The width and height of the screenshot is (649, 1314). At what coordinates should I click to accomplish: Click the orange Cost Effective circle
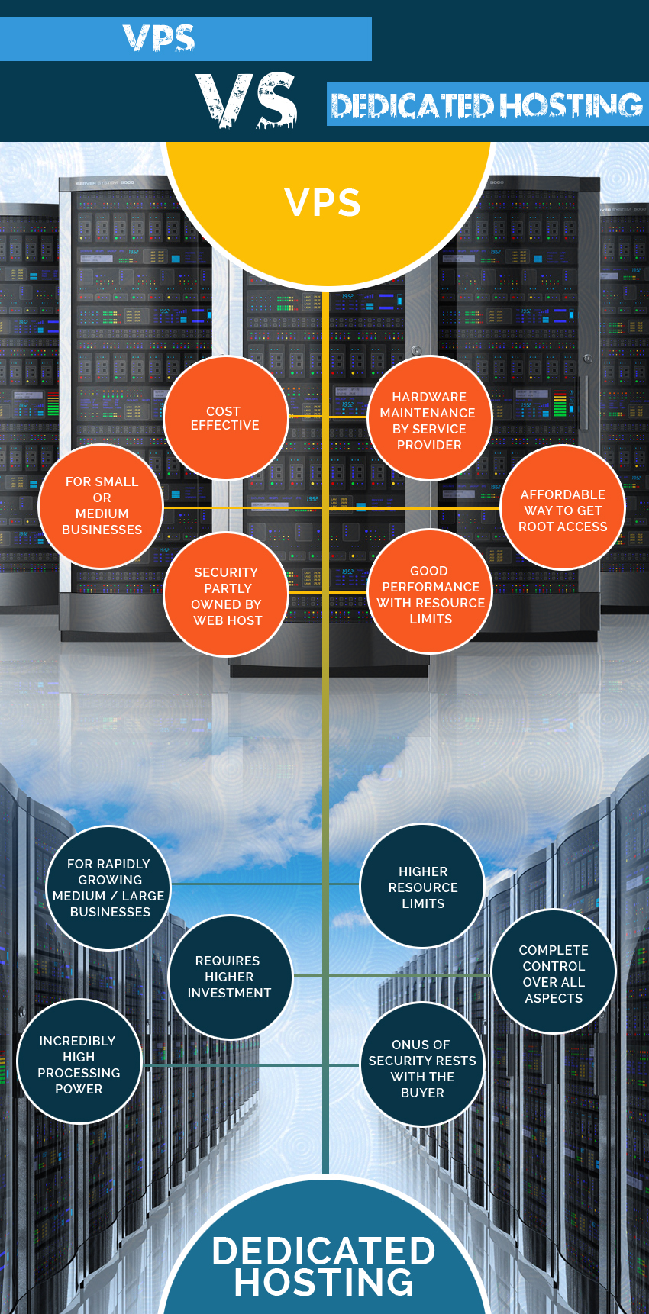[x=226, y=418]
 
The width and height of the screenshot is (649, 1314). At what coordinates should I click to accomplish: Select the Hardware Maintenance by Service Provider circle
[x=430, y=418]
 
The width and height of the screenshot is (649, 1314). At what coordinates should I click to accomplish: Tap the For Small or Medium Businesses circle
[x=102, y=506]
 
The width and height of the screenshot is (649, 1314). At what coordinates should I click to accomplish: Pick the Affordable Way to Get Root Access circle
[x=563, y=507]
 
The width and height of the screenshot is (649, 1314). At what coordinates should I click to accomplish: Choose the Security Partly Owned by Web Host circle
[x=227, y=594]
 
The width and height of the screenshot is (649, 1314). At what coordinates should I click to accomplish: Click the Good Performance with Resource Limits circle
[x=431, y=591]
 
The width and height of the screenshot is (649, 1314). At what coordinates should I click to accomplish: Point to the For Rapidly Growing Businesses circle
[x=109, y=887]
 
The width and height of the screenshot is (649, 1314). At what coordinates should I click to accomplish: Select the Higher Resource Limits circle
[x=422, y=887]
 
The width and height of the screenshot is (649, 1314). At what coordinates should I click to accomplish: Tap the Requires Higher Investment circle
[x=230, y=977]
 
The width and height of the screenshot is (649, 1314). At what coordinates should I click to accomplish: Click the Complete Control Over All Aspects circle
[x=554, y=971]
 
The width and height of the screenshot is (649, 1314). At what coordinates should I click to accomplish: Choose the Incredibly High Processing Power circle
[x=79, y=1061]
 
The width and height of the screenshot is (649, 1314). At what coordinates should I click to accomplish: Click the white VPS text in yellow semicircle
[x=323, y=203]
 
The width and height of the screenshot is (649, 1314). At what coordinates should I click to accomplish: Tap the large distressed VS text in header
[x=246, y=101]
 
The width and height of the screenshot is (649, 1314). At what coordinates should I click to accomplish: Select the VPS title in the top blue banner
[x=159, y=38]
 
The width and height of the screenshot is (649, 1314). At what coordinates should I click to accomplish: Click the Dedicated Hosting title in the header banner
[x=486, y=105]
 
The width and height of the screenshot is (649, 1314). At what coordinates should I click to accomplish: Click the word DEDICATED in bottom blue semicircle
[x=324, y=1251]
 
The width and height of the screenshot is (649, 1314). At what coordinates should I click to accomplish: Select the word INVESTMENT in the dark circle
[x=229, y=993]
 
